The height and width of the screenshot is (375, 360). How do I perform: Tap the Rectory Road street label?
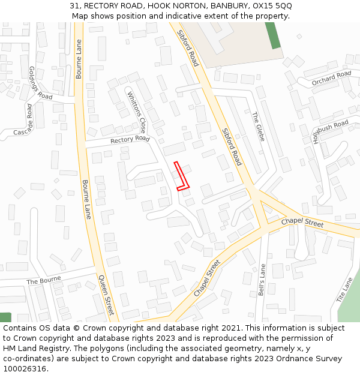(x=130, y=140)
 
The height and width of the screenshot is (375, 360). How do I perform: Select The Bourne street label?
(x=44, y=281)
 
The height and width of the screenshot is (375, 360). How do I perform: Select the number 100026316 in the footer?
(x=25, y=369)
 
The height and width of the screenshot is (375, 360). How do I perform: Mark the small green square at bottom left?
(x=5, y=317)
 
